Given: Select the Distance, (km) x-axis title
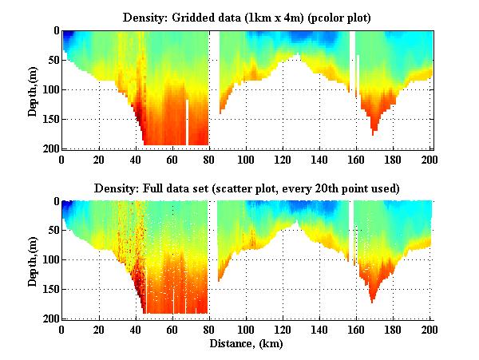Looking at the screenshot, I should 247,345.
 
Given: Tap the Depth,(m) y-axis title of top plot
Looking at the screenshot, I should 32,89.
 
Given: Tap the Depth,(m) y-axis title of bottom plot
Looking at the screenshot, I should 32,260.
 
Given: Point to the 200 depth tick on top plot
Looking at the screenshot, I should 49,148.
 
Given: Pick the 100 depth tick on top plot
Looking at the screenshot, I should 49,89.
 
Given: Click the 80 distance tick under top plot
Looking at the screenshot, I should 209,158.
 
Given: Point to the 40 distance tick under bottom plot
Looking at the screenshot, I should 135,329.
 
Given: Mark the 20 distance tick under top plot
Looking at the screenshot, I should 98,158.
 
